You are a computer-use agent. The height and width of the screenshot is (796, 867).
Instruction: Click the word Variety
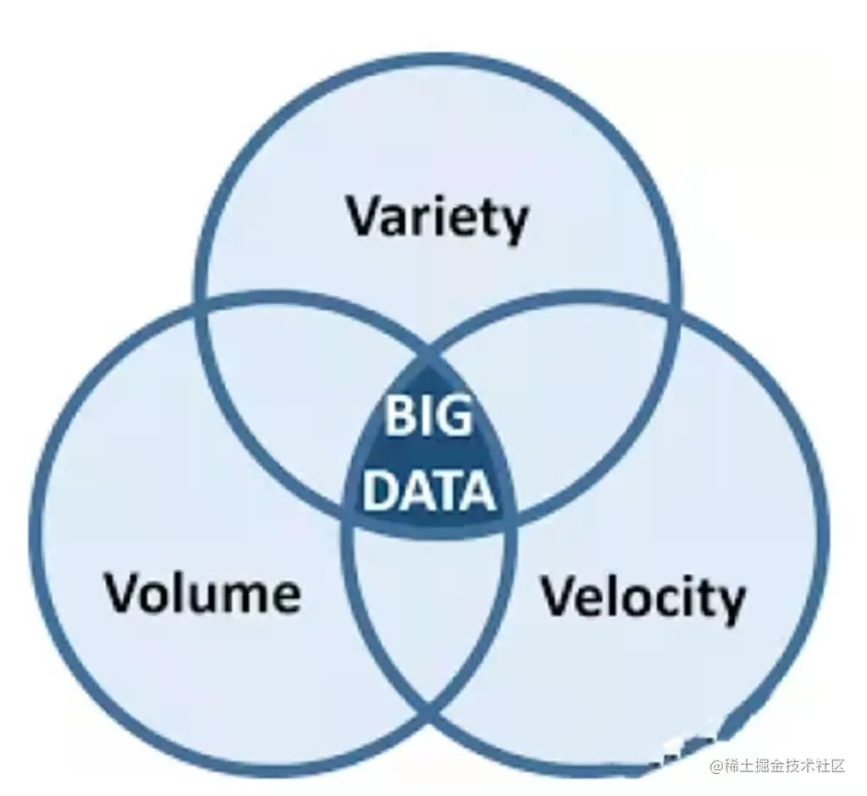point(437,218)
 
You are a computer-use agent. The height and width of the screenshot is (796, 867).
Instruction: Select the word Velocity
point(643,600)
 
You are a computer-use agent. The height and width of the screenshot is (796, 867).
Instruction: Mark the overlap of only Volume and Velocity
point(430,618)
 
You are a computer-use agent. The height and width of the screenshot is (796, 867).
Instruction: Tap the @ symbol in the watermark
point(717,766)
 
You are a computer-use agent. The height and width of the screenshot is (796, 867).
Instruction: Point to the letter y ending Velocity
point(731,603)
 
